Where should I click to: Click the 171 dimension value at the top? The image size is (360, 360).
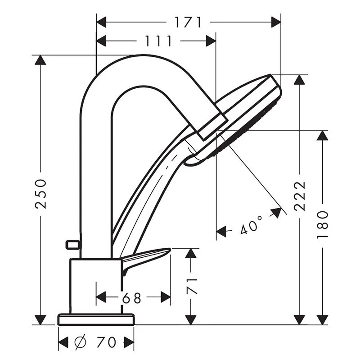click(x=188, y=22)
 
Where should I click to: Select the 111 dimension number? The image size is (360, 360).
click(x=158, y=41)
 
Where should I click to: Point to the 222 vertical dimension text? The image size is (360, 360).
click(x=300, y=196)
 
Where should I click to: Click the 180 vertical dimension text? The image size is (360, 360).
click(x=323, y=224)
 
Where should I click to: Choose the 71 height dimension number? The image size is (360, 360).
click(x=191, y=286)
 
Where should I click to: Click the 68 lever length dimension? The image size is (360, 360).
click(x=131, y=297)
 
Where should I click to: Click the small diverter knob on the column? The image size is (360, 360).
click(x=72, y=245)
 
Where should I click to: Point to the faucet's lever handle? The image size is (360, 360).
click(x=144, y=258)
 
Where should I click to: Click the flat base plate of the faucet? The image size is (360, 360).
click(x=96, y=319)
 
